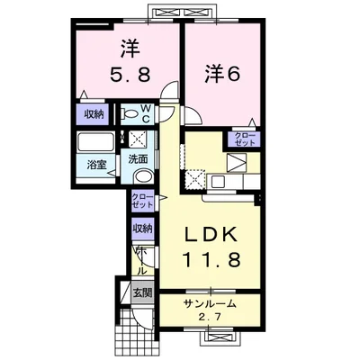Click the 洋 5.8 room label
[130, 61]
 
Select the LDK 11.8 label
[211, 247]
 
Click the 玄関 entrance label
[143, 292]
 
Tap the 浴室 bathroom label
[96, 165]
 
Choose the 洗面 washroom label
[138, 159]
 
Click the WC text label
[146, 113]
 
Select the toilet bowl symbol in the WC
[129, 113]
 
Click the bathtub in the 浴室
[95, 142]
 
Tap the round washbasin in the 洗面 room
[143, 176]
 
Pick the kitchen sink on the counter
[218, 181]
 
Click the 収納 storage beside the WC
[94, 114]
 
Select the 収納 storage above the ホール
[143, 229]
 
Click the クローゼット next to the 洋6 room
[244, 139]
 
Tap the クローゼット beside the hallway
[143, 201]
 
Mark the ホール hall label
[142, 261]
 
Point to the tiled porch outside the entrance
[137, 333]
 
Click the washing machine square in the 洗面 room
[137, 139]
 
